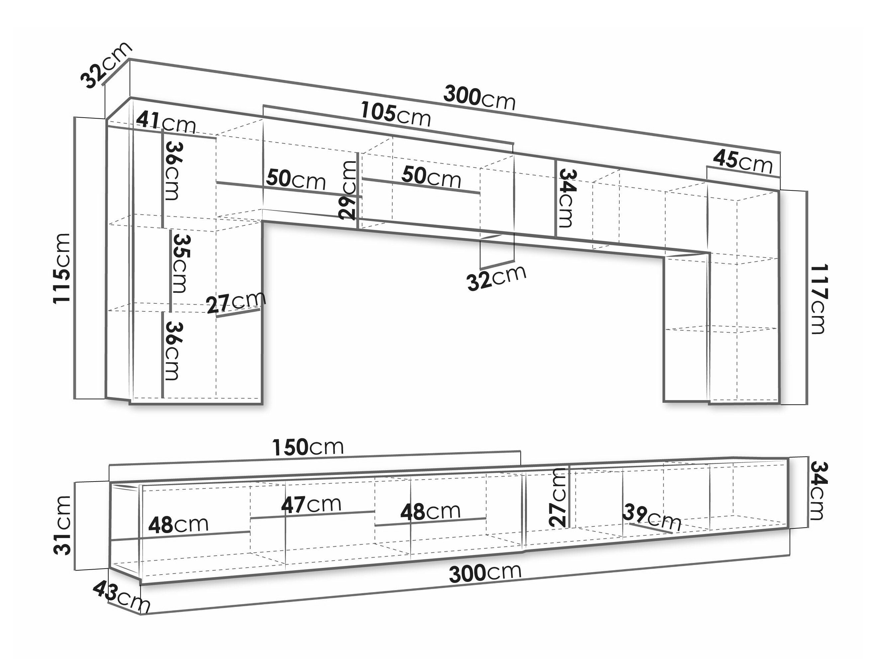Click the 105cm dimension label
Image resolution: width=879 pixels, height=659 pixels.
(396, 115)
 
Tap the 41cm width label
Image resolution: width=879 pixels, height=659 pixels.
(166, 122)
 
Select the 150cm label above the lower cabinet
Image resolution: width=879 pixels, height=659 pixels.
(308, 447)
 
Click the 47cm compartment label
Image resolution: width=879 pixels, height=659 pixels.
(311, 504)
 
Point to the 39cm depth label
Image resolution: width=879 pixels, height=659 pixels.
(652, 517)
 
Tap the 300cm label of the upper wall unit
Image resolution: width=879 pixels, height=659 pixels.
(480, 98)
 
